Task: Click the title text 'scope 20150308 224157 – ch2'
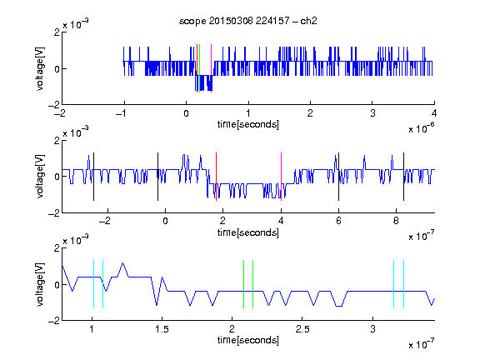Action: coord(248,21)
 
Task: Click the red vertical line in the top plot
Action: coord(197,68)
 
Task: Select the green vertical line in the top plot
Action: coord(200,68)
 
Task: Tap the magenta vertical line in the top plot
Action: coord(211,68)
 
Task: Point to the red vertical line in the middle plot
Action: coord(216,177)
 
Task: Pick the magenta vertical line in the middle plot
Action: coord(281,177)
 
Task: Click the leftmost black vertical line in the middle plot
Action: coord(93,177)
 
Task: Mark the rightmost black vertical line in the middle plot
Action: coord(403,177)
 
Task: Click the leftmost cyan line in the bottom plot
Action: coord(93,284)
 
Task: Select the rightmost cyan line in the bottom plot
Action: coord(403,284)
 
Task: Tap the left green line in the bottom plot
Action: coord(243,284)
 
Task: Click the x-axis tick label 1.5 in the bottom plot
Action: coord(162,329)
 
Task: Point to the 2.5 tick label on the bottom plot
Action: coord(302,329)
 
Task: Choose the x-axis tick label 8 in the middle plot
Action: coord(396,221)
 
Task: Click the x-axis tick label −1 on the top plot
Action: coord(122,113)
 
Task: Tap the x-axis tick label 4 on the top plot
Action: coord(434,113)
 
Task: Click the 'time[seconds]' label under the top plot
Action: coord(248,124)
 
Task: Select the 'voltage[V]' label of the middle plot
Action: coord(40,177)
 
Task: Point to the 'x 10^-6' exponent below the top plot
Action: coord(422,128)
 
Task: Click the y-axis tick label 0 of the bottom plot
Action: coord(57,285)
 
